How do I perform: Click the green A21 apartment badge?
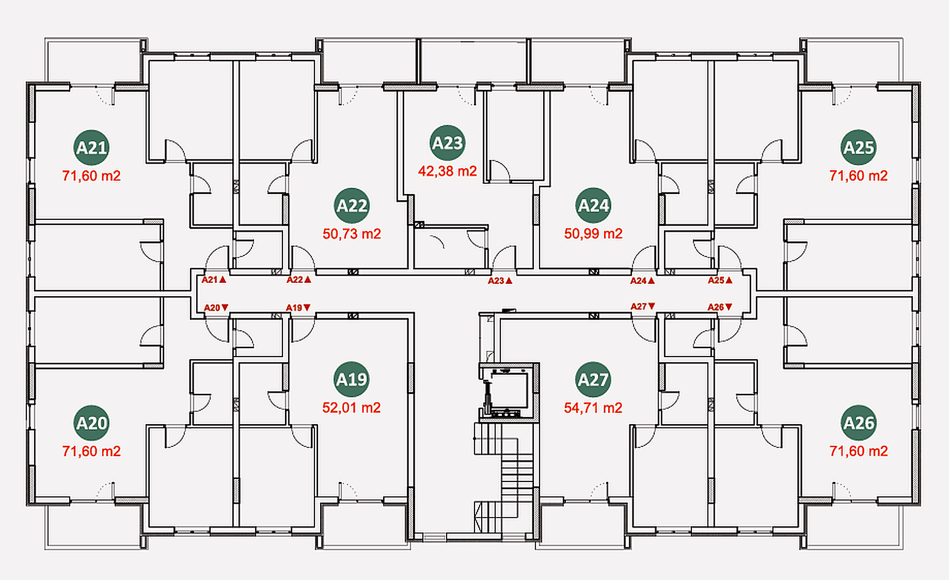tap(91, 148)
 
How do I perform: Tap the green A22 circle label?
tap(352, 205)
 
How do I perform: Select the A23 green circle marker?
tap(447, 143)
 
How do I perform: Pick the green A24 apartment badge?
tap(593, 205)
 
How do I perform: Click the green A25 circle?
tap(858, 148)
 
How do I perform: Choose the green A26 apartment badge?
tap(858, 423)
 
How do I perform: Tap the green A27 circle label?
tap(593, 380)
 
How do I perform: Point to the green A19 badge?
tap(352, 380)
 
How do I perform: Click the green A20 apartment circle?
tap(91, 423)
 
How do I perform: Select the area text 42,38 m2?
tap(447, 171)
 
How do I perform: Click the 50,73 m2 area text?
tap(352, 234)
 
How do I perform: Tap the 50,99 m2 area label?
tap(593, 233)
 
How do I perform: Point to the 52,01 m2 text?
tap(352, 408)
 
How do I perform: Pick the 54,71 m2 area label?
tap(593, 408)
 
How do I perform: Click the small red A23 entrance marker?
tap(500, 281)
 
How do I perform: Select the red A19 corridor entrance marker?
tap(298, 308)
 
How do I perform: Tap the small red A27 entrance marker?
tap(643, 307)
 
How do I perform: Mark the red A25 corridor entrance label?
tap(720, 280)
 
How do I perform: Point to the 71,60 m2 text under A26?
tap(859, 451)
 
